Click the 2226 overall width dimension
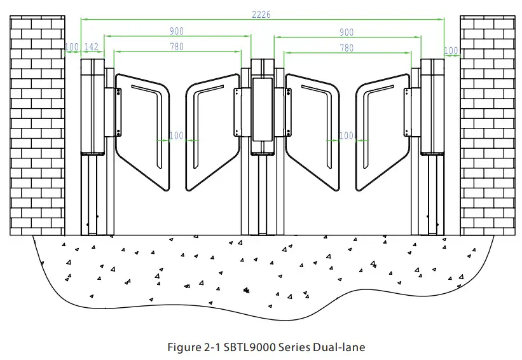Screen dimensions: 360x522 coord(261,15)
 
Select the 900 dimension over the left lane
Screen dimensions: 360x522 coord(177,31)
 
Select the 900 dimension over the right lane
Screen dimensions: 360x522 coord(346,31)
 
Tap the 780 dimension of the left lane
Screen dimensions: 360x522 coord(177,47)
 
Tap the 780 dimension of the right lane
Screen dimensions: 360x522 coord(347,47)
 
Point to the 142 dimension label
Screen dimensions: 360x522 coord(92,48)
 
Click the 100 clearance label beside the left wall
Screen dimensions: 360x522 coord(72,48)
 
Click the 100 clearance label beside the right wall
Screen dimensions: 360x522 coord(451,50)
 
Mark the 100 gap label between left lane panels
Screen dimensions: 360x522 coord(176,135)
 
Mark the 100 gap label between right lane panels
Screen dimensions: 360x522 coord(347,135)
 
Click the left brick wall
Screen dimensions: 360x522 coord(38,124)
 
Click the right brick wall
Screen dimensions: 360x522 coord(486,124)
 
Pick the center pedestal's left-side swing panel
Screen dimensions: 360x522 coord(210,130)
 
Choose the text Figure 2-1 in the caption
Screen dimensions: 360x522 coord(191,347)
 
